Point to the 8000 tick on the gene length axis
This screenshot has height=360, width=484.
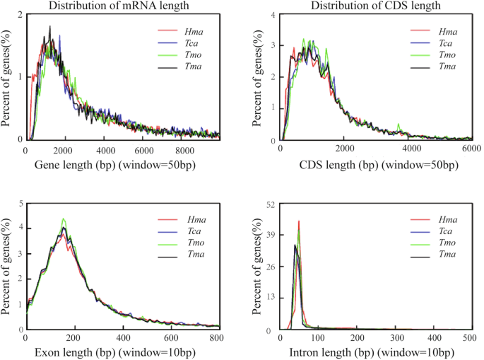pos(184,150)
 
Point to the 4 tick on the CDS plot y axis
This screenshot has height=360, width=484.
pos(273,15)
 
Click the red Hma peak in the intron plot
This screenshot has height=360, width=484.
pos(299,221)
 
